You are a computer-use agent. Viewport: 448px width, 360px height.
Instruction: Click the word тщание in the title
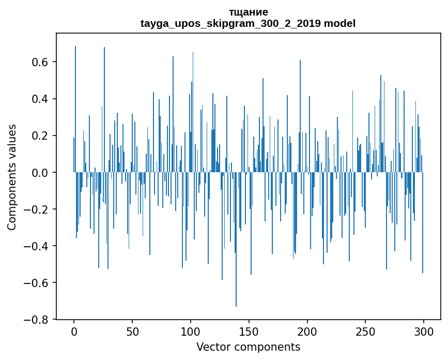(x=248, y=12)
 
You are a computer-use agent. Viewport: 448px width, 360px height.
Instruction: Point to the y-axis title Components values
(x=12, y=177)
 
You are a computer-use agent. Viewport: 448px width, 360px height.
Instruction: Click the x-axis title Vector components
(x=248, y=347)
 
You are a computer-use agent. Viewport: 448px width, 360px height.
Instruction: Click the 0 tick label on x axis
(x=74, y=331)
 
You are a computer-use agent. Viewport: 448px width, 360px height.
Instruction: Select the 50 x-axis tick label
(x=132, y=331)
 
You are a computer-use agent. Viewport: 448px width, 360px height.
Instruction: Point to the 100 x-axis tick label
(x=191, y=331)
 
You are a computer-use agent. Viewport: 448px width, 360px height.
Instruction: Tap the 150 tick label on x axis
(x=249, y=331)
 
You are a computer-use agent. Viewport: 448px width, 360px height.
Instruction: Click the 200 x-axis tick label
(x=307, y=331)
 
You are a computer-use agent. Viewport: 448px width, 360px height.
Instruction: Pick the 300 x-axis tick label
(x=424, y=331)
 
